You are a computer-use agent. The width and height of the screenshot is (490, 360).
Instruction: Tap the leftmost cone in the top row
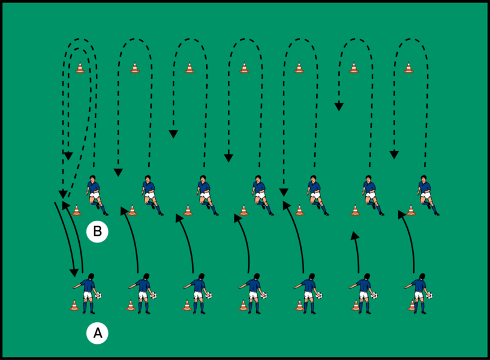point(80,68)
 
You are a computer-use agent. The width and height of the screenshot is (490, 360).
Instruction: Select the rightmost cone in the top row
point(408,68)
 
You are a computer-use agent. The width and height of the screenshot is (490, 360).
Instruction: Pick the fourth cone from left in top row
point(244,68)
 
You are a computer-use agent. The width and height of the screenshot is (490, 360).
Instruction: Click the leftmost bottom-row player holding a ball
point(88,293)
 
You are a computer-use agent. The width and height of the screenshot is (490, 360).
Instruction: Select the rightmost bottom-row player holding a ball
point(419,293)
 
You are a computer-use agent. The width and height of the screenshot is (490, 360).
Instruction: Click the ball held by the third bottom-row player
point(209,295)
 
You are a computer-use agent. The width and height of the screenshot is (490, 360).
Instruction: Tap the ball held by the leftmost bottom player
point(99,295)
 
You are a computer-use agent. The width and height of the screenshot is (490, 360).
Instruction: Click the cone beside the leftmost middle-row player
point(76,210)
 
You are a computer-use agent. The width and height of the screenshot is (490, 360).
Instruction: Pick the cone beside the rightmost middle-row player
point(411,210)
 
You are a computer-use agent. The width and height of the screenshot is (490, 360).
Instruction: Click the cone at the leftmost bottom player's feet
point(74,305)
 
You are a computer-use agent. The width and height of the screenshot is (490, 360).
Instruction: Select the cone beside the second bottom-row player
point(130,305)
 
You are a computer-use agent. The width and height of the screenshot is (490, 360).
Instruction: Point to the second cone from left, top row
point(134,68)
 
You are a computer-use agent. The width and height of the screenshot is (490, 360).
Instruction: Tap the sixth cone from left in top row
point(354,68)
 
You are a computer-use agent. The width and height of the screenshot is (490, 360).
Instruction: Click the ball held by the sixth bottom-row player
point(375,295)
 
